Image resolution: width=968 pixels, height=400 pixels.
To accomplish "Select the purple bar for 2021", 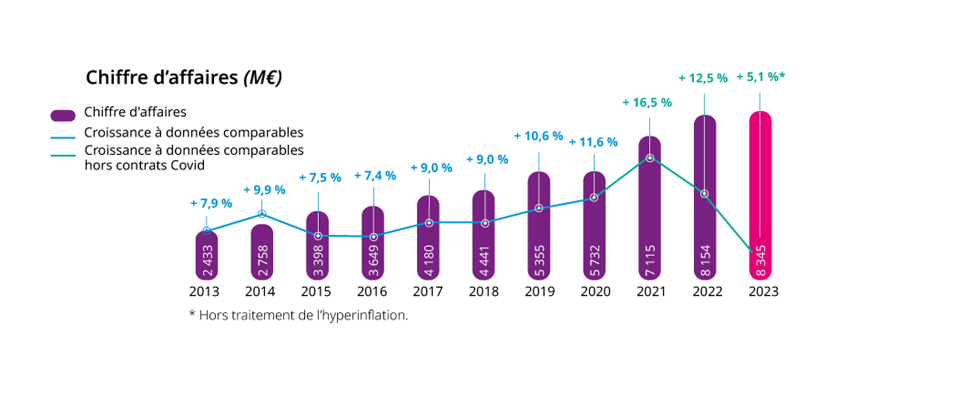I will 649,212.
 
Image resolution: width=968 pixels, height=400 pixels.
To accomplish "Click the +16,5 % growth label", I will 647,103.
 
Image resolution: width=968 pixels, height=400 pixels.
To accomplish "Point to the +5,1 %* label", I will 760,77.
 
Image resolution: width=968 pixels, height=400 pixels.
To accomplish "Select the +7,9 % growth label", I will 211,204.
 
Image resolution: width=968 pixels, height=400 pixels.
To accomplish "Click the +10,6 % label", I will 538,136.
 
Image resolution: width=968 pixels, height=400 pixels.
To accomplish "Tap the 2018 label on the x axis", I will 483,292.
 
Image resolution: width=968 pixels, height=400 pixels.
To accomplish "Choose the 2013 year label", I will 204,292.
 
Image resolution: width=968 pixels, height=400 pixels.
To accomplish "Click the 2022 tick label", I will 707,292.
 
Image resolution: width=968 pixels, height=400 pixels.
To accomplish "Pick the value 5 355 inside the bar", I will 539,261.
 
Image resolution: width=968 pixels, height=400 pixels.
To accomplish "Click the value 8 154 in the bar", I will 705,261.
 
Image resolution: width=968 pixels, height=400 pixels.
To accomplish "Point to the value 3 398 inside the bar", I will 318,261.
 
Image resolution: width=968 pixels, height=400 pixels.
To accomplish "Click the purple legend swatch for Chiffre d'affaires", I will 63,115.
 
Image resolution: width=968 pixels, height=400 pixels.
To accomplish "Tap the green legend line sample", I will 63,155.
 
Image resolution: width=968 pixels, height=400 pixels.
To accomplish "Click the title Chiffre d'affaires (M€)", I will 184,78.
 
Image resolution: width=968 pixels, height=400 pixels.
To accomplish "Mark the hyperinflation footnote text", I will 298,315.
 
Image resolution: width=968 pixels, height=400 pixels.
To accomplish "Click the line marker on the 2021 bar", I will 650,158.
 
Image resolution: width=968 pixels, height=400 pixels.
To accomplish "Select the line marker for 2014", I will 262,214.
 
